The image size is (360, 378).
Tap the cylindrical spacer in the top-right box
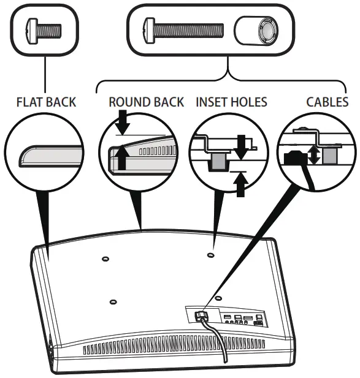pyautogui.click(x=255, y=29)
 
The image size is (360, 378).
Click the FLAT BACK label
pyautogui.click(x=47, y=102)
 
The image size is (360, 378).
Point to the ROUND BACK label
pyautogui.click(x=146, y=102)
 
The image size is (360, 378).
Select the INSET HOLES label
pyautogui.click(x=231, y=102)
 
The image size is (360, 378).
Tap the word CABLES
pyautogui.click(x=327, y=102)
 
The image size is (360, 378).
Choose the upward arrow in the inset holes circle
pyautogui.click(x=240, y=184)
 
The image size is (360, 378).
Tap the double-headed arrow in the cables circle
pyautogui.click(x=315, y=154)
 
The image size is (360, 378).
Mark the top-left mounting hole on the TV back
pyautogui.click(x=105, y=259)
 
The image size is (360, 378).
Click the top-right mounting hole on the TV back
pyautogui.click(x=211, y=254)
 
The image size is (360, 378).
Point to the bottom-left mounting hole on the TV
pyautogui.click(x=113, y=301)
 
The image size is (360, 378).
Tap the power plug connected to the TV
pyautogui.click(x=201, y=317)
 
